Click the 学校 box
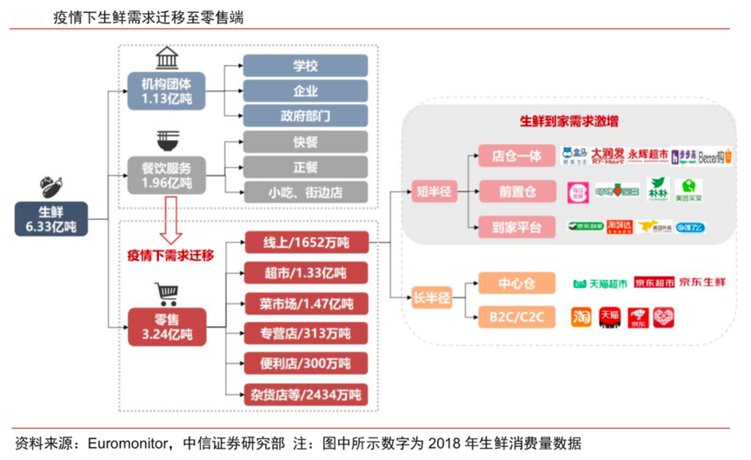[305, 67]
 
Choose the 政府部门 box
[305, 117]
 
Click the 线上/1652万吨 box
[305, 241]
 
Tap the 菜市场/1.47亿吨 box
[305, 303]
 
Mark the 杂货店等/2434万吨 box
[305, 394]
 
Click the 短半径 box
[430, 192]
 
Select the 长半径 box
[430, 298]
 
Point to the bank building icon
[166, 58]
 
